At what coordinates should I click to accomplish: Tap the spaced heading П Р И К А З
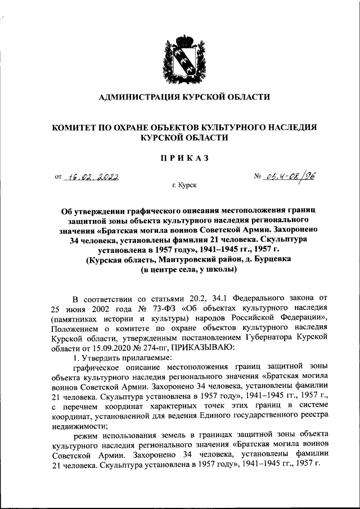pos(180,158)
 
